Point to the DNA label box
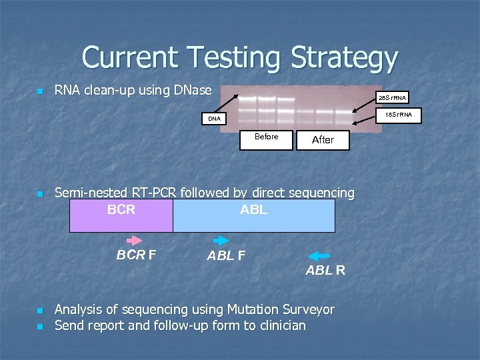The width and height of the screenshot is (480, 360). (213, 119)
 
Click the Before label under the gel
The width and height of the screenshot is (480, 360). (266, 137)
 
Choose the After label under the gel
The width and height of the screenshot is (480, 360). (323, 139)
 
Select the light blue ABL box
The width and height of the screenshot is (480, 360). (253, 215)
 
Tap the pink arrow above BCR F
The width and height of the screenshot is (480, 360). (135, 239)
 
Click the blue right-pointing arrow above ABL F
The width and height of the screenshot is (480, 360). (220, 240)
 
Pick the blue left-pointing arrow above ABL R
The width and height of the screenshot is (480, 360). (320, 255)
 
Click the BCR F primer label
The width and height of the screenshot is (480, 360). (137, 255)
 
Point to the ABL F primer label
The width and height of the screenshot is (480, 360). (226, 255)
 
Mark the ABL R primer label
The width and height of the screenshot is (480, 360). (325, 271)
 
